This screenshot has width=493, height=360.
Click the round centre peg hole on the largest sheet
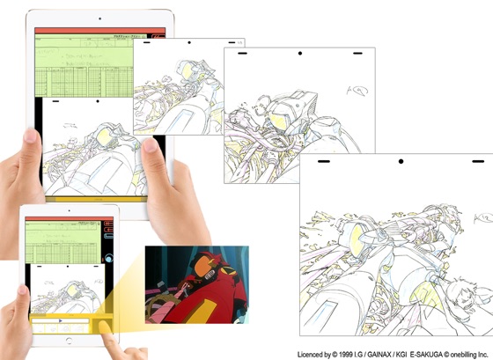(x=401, y=162)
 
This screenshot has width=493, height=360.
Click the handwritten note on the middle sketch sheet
(x=357, y=89)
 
